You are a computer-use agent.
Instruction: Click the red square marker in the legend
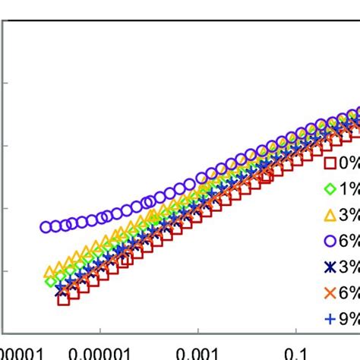click(x=330, y=163)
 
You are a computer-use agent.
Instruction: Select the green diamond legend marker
click(x=330, y=189)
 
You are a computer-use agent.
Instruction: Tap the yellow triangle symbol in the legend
click(x=330, y=215)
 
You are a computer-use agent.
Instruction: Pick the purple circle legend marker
click(x=330, y=241)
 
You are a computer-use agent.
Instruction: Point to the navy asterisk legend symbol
click(x=330, y=267)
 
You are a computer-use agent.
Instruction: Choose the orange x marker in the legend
click(x=330, y=293)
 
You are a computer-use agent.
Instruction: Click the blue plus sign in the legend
click(x=330, y=319)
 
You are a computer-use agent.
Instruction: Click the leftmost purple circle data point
click(x=46, y=226)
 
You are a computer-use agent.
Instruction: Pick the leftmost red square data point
click(x=63, y=298)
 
